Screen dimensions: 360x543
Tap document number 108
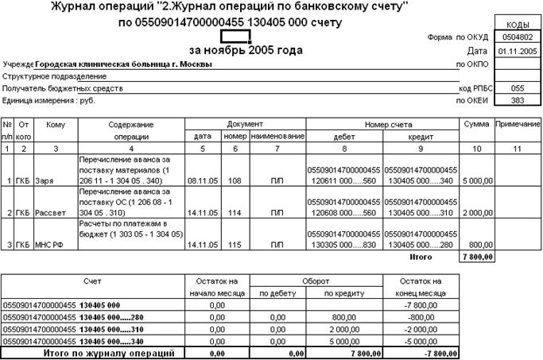[x=237, y=181]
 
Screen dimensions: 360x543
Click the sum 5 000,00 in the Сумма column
[x=477, y=181]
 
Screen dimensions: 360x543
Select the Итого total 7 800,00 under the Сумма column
[x=476, y=257]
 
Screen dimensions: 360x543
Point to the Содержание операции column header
[x=131, y=130]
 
